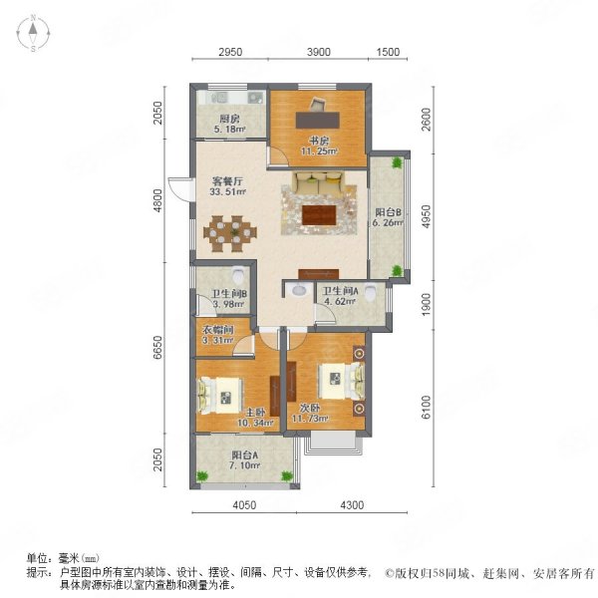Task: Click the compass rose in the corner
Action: click(x=33, y=33)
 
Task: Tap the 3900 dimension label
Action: click(x=319, y=52)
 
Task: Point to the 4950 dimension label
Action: click(x=426, y=216)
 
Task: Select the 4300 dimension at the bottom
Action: click(x=352, y=505)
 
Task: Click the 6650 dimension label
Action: click(x=157, y=348)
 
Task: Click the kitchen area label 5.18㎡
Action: click(x=229, y=130)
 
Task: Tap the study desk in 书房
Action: click(x=318, y=120)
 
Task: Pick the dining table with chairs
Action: click(x=229, y=233)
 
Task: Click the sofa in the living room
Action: click(x=319, y=182)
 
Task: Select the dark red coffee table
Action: click(x=319, y=215)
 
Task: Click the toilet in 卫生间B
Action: click(x=238, y=275)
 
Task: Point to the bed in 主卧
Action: click(x=220, y=396)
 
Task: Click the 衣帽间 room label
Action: click(x=217, y=329)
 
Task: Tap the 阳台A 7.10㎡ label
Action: click(x=245, y=459)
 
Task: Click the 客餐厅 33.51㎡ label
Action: click(x=227, y=186)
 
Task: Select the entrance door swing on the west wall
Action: click(x=180, y=188)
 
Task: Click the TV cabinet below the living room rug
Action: click(x=319, y=274)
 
